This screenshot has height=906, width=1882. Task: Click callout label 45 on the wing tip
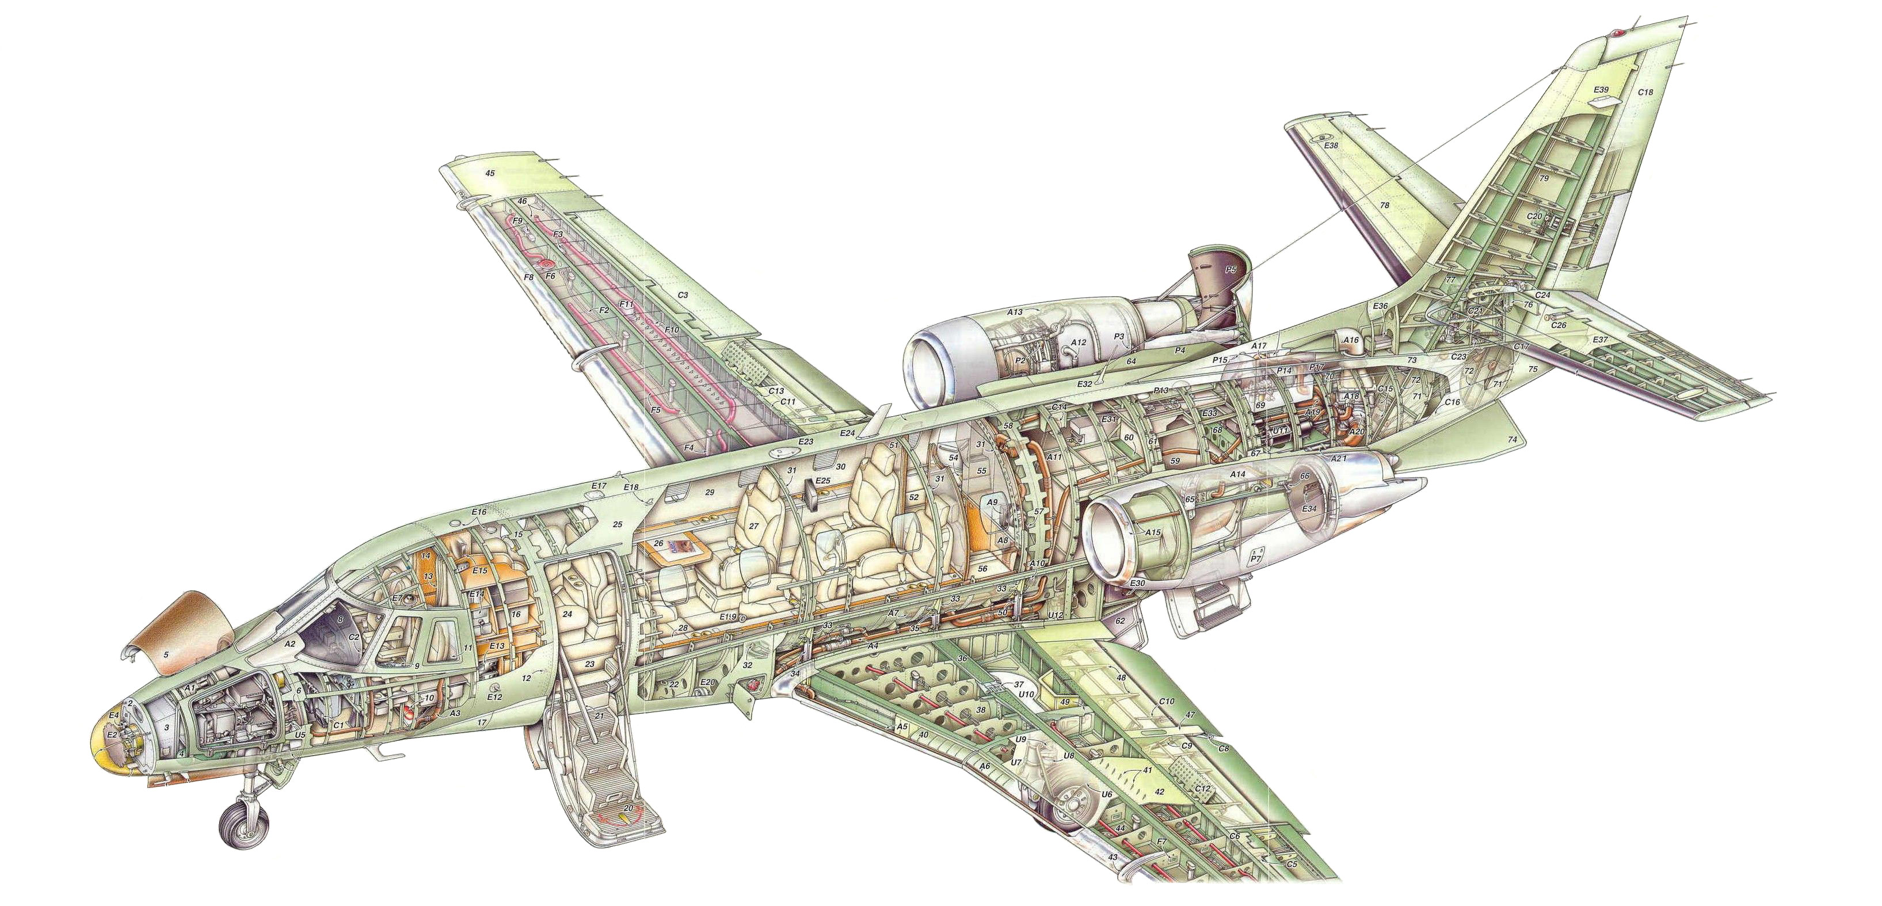[490, 173]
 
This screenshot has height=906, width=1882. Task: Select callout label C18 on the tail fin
[1644, 93]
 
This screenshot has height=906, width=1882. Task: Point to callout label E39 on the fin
[1600, 90]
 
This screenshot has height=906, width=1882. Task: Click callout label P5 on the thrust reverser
[1230, 269]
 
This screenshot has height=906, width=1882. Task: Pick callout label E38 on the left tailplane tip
[1331, 146]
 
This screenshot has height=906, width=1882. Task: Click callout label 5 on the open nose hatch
[166, 656]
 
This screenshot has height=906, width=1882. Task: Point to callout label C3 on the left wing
[683, 295]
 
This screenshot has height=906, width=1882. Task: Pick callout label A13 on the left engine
[1014, 312]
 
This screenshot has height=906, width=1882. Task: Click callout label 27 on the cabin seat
[753, 526]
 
